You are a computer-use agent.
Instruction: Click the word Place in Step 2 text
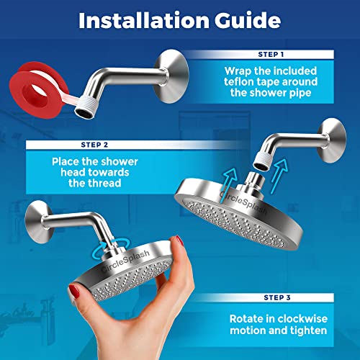pos(51,161)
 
